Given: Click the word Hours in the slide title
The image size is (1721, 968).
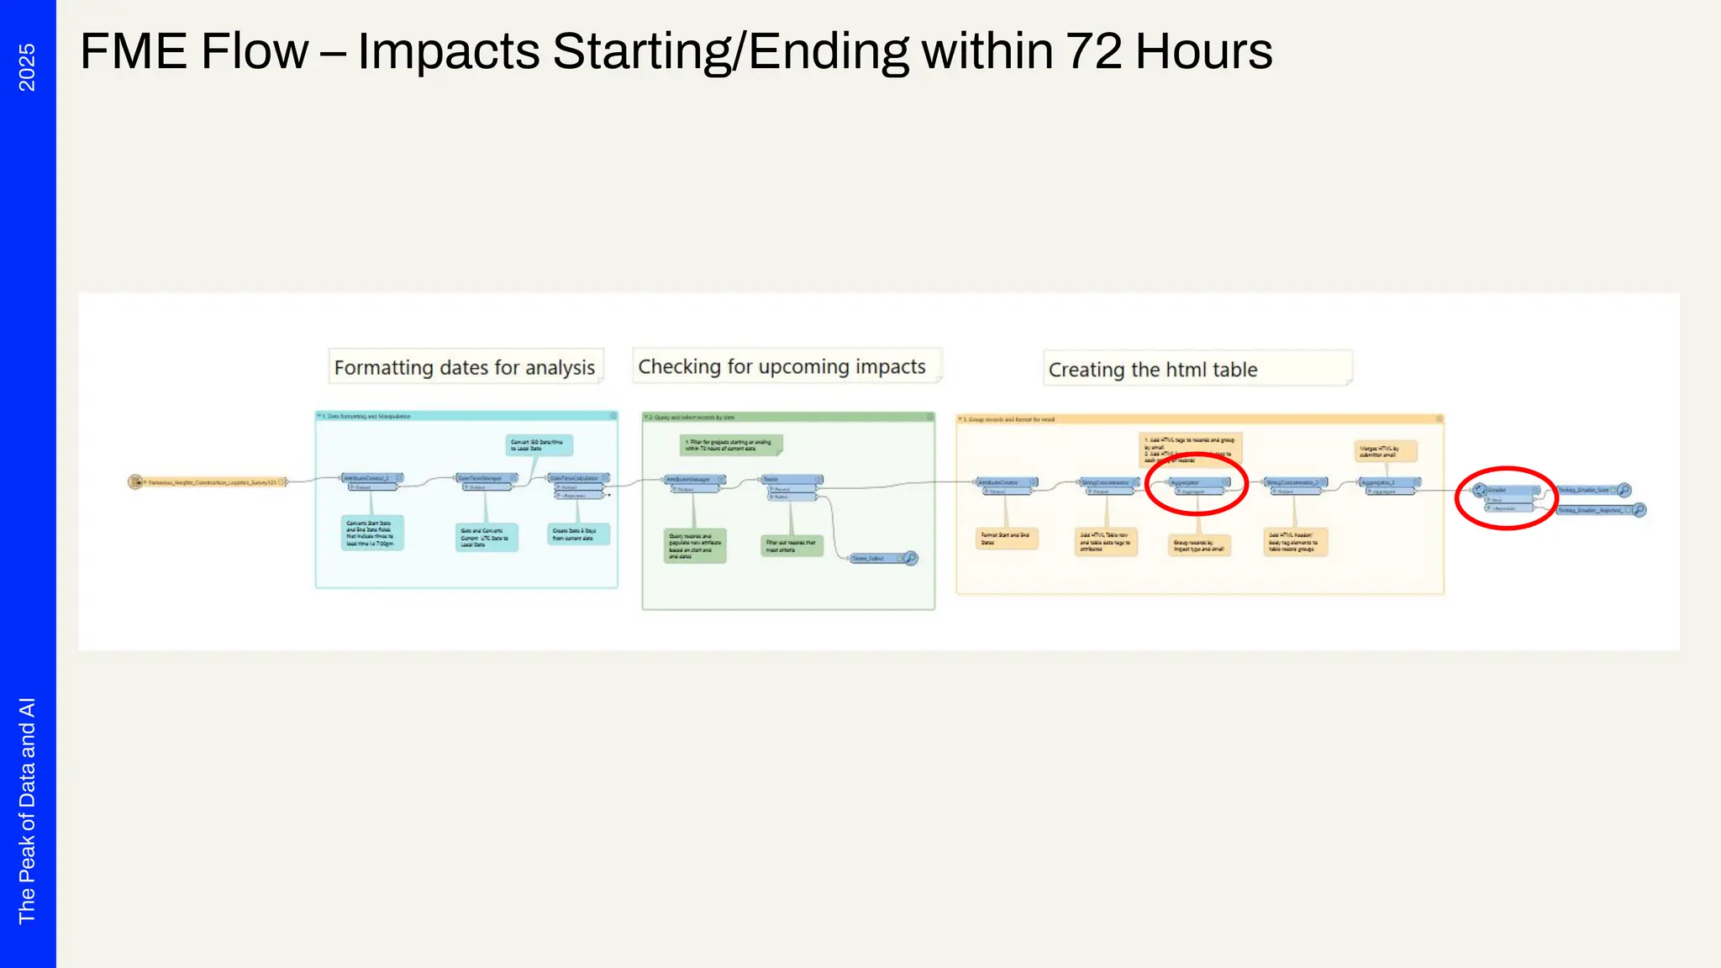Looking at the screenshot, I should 1203,52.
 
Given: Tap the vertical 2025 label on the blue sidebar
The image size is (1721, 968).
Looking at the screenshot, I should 27,67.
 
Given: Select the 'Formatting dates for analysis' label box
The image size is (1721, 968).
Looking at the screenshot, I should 466,367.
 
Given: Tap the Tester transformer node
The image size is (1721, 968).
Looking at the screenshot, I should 791,480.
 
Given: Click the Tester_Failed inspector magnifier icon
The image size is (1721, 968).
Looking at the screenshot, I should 910,558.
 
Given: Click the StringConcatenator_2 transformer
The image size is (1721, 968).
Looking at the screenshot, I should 1295,483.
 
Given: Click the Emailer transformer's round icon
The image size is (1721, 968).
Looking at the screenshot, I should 1480,490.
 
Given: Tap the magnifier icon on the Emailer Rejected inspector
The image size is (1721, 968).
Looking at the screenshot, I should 1639,510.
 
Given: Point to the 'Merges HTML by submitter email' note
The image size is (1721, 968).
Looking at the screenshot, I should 1385,451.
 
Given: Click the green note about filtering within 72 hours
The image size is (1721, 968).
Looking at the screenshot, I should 730,445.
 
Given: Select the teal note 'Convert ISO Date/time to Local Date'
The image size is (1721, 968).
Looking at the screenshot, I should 539,445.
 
